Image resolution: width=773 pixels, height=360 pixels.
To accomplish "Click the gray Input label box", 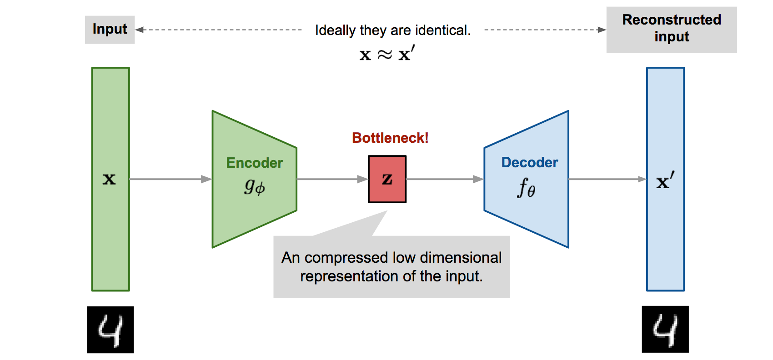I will tap(110, 30).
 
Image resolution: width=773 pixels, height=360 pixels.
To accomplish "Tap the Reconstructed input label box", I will tap(671, 30).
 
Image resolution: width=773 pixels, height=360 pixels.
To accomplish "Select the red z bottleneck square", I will tap(387, 179).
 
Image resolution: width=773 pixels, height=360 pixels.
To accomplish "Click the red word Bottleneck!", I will tap(390, 138).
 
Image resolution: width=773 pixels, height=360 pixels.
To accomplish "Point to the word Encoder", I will tap(254, 163).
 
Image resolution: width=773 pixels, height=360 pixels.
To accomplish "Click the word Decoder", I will tap(529, 162).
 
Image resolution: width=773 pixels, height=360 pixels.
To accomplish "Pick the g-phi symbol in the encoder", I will tap(255, 186).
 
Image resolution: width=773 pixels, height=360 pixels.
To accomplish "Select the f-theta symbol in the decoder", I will tap(526, 188).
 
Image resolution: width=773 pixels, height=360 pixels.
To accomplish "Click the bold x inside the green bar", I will tap(109, 179).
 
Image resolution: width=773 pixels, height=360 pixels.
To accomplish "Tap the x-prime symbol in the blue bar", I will tap(665, 181).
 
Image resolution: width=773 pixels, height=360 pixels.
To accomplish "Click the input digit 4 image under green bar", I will tap(110, 330).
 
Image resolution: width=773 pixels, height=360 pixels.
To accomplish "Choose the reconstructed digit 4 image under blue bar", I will tap(665, 329).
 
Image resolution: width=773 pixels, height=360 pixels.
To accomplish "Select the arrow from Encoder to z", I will tap(332, 179).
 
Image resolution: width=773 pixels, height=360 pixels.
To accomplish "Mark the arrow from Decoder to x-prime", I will tap(607, 179).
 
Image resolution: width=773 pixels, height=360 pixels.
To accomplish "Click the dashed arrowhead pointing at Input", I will tap(140, 30).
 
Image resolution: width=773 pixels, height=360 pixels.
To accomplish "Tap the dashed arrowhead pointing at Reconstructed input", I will tap(602, 30).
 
